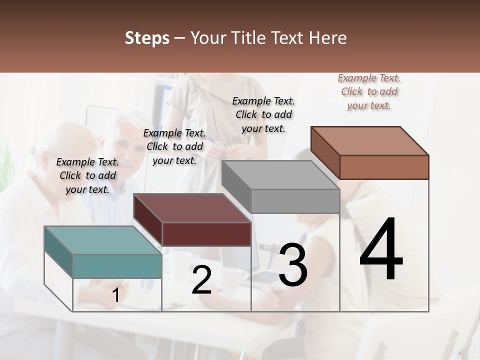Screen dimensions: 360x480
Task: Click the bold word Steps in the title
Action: [x=147, y=38]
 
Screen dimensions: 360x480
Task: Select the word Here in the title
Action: [x=327, y=38]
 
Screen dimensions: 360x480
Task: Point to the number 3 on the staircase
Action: [x=293, y=265]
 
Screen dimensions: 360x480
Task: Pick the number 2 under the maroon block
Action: [x=201, y=280]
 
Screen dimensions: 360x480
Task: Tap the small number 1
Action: [x=115, y=295]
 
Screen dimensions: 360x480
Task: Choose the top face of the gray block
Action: [x=280, y=175]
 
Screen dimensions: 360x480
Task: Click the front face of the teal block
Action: [x=117, y=266]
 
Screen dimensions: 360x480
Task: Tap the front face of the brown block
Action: [x=384, y=167]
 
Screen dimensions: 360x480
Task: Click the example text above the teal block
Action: [x=87, y=175]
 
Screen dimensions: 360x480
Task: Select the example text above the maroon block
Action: [x=174, y=146]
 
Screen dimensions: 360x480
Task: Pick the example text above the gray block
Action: [x=263, y=114]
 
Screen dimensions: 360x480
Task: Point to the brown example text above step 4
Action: [x=369, y=91]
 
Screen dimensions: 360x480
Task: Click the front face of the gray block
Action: [x=295, y=201]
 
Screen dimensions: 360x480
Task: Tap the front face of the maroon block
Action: [x=206, y=234]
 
